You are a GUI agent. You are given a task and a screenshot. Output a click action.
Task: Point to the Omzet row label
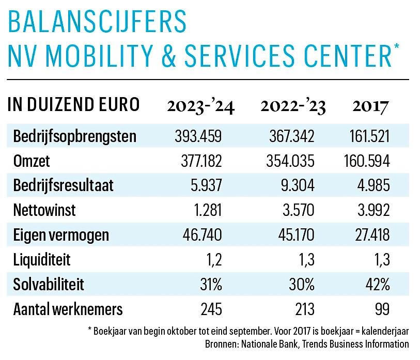[32, 161]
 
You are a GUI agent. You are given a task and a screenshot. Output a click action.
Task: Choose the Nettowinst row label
[43, 211]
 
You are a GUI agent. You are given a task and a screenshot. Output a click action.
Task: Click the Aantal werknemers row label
[68, 309]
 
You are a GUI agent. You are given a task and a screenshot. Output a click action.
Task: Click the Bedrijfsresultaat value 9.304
[297, 186]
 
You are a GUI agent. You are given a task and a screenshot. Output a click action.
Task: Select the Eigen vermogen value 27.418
[368, 235]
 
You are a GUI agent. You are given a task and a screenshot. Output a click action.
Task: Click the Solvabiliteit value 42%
[376, 285]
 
